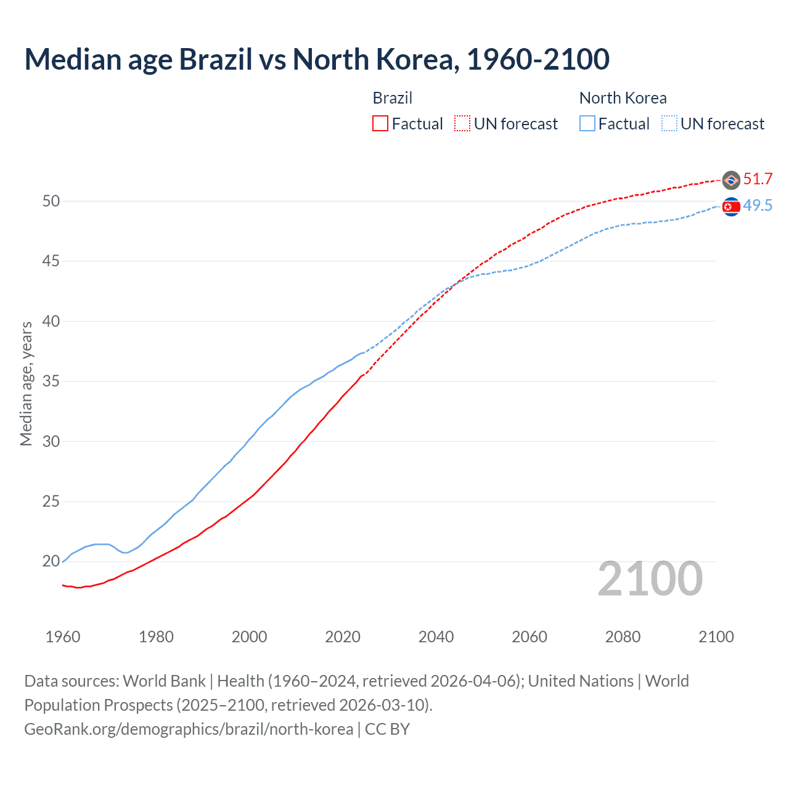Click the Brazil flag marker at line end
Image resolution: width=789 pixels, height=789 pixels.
pos(731,180)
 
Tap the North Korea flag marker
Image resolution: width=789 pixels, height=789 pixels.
pos(731,207)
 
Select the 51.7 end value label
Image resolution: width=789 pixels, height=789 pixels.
pos(758,179)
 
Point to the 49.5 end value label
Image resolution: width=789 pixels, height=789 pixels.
pos(758,206)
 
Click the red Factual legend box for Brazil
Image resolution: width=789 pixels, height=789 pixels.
pos(380,124)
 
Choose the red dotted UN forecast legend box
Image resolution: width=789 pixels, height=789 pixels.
pos(462,124)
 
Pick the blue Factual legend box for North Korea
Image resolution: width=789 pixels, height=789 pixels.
pos(587,124)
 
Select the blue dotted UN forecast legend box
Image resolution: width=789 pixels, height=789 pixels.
pos(669,124)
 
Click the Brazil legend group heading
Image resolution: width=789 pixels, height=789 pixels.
pos(393,98)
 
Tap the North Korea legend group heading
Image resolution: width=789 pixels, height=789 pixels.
pos(623,98)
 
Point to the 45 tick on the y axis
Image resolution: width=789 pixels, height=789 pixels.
pos(51,261)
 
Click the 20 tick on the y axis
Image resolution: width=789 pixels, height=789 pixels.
pos(51,562)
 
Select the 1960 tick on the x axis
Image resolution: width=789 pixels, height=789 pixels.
pos(63,637)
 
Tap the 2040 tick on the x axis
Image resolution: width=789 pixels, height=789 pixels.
pos(436,637)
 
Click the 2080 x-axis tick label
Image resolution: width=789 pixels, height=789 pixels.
pos(623,637)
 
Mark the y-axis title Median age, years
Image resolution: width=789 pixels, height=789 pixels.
pos(26,383)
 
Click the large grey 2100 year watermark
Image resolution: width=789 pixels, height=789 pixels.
pos(650,579)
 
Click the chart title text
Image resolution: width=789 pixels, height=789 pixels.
pos(317,59)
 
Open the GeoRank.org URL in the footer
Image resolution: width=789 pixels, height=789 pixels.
pos(189,729)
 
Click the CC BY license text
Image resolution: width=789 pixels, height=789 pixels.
pos(387,729)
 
